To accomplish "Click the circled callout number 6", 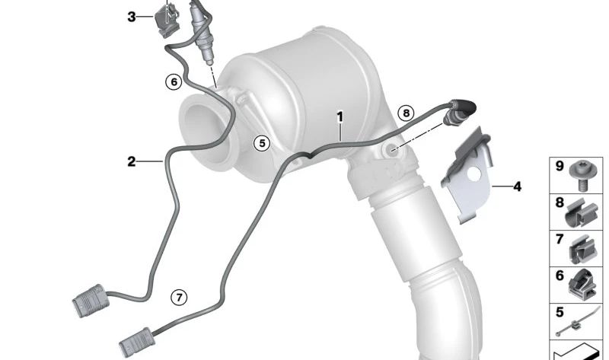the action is (x=174, y=82).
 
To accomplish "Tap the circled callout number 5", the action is (x=262, y=143).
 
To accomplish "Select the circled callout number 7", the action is (x=179, y=298).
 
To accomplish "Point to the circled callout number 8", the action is (x=406, y=113).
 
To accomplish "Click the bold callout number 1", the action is (x=340, y=116).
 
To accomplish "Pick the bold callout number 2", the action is (x=132, y=161).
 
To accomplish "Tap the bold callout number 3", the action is (x=132, y=17).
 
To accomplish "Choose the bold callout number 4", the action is (x=517, y=186).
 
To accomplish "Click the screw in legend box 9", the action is (x=580, y=176).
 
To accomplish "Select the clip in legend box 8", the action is (x=581, y=214).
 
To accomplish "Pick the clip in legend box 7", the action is (x=582, y=250).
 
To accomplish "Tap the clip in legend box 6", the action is (x=582, y=285).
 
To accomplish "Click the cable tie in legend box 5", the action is (x=577, y=322).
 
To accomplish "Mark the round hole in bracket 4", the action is (x=473, y=174).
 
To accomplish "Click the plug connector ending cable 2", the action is (x=89, y=301).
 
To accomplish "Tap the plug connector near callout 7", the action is (x=137, y=342).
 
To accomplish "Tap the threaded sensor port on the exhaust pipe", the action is (x=391, y=149).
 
